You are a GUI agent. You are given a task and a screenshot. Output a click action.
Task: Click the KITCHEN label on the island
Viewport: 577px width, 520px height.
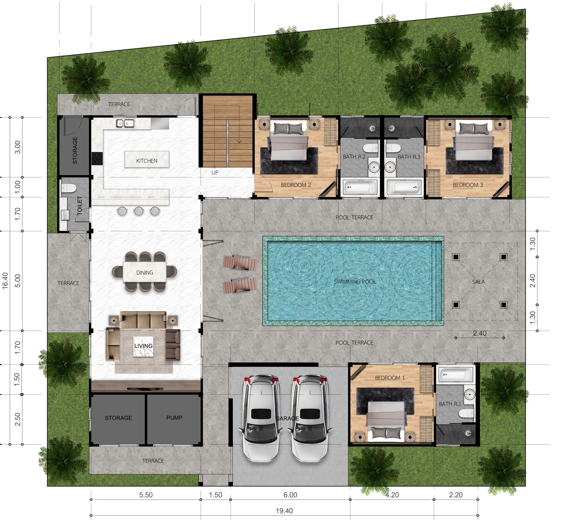pos(146,161)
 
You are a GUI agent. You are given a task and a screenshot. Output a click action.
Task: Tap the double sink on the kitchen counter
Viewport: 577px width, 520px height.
pos(125,123)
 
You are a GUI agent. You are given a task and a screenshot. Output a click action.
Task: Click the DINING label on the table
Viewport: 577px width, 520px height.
pos(145,273)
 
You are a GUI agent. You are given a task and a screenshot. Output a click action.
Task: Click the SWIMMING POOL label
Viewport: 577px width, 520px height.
pos(355,281)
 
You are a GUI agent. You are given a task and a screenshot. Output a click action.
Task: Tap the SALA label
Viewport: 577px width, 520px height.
pos(479,282)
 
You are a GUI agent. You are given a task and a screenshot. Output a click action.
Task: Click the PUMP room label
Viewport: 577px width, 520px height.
pos(174,417)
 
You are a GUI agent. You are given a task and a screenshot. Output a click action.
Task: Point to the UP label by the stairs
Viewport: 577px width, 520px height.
pos(215,172)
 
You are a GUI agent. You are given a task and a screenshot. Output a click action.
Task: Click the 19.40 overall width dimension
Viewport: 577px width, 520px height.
pos(284,511)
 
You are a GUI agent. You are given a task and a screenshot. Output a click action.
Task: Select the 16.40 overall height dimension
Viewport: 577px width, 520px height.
pos(5,281)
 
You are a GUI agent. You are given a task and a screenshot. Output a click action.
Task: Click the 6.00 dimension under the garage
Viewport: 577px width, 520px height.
pos(290,495)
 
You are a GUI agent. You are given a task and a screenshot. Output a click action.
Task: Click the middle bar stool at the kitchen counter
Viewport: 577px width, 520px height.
pos(139,211)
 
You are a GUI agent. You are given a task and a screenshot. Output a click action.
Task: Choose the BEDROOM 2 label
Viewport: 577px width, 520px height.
pos(296,185)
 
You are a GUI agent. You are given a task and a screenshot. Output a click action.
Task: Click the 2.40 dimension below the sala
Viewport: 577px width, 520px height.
pos(480,333)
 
